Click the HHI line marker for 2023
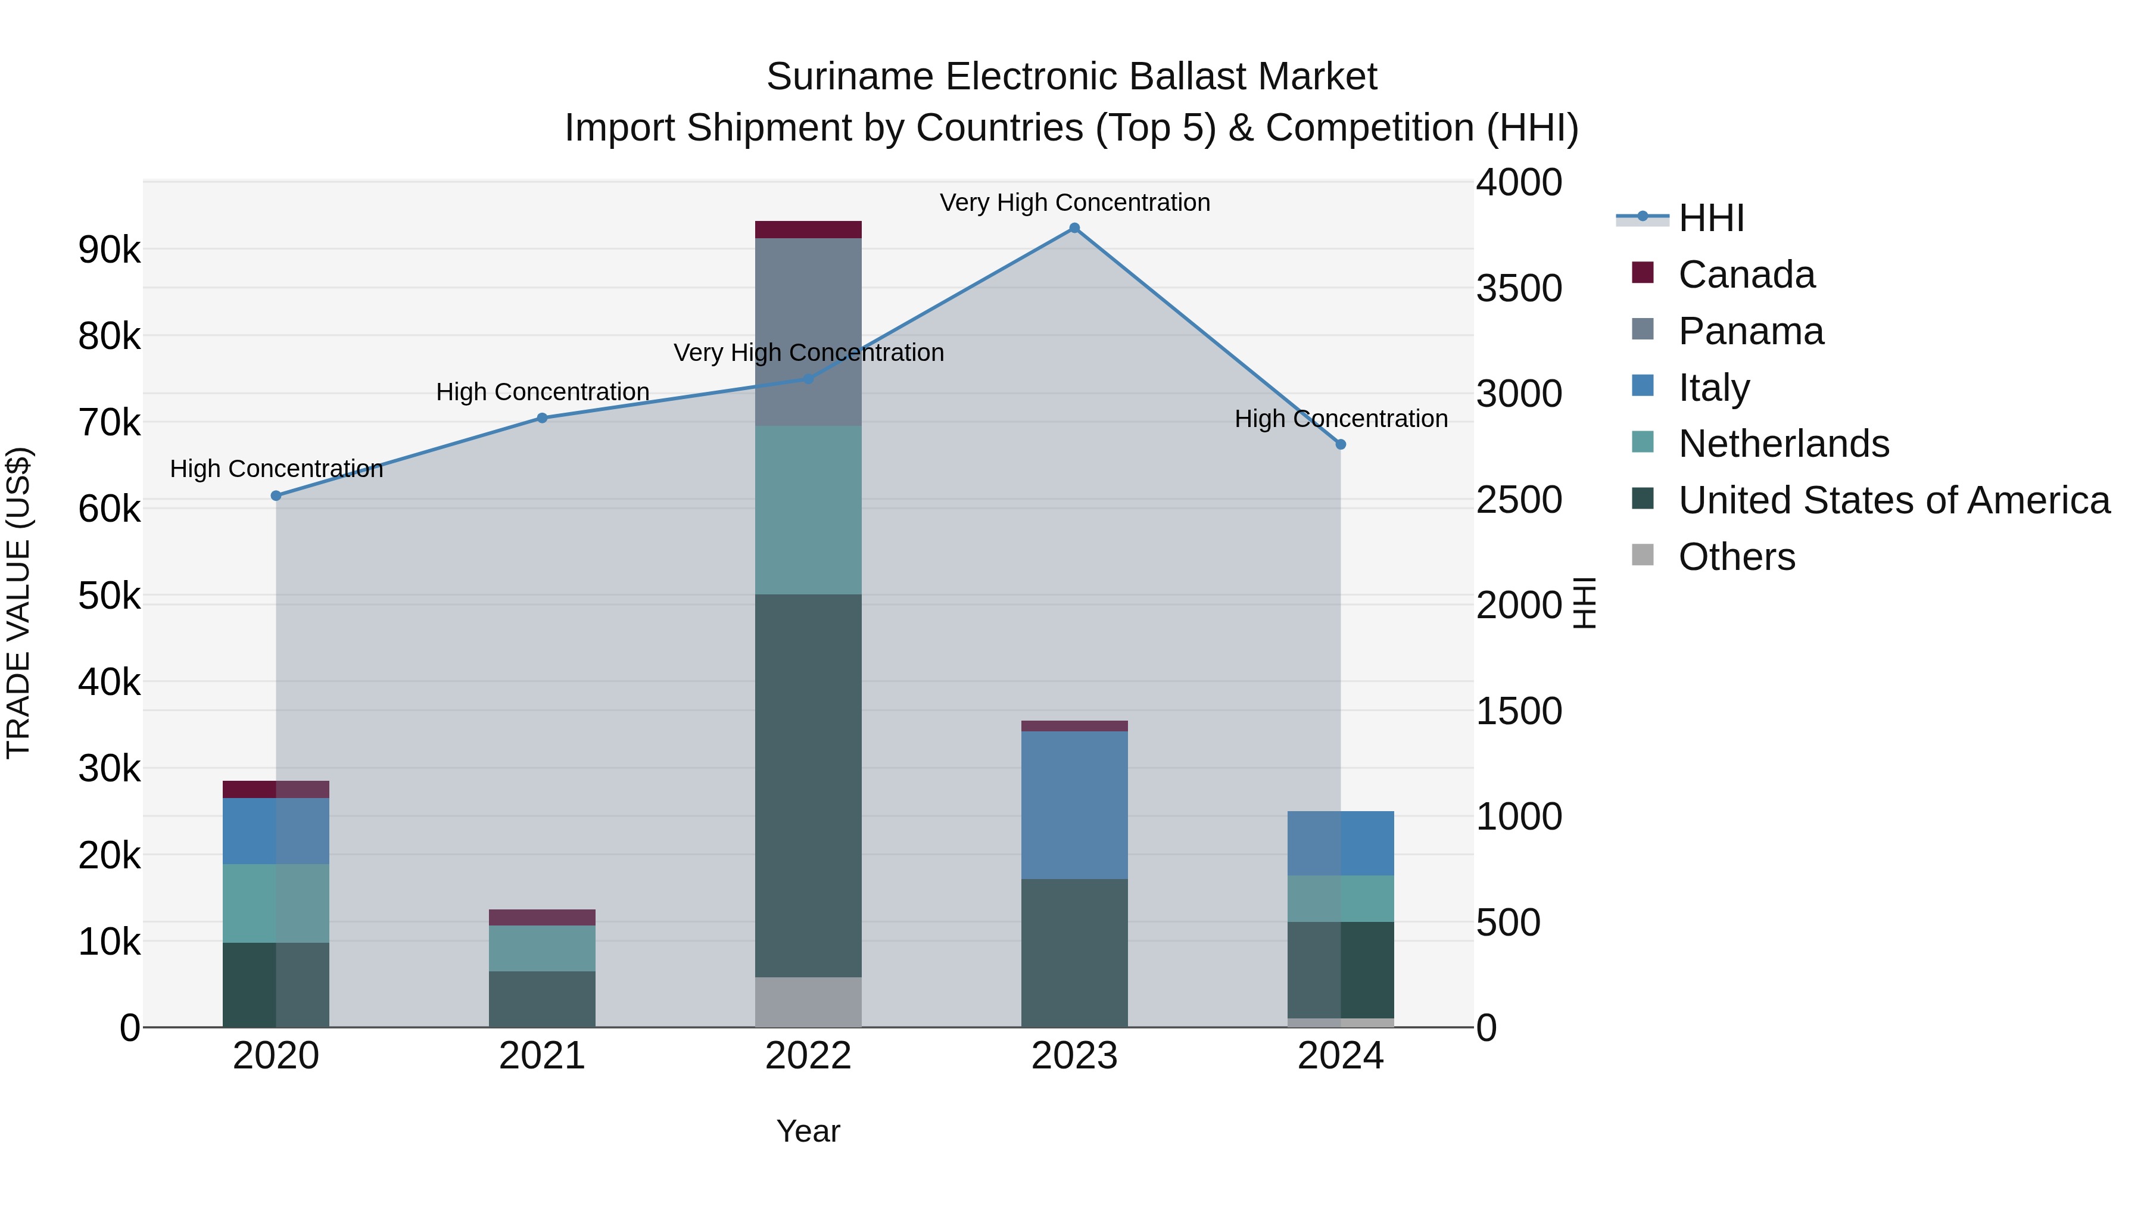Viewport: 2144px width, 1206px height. click(x=1074, y=228)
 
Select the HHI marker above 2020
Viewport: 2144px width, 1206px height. click(x=276, y=496)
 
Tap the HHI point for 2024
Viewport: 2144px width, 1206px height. click(x=1341, y=444)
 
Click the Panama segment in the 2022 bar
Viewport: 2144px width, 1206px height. click(x=808, y=332)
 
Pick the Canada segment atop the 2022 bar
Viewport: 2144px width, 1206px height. click(x=808, y=230)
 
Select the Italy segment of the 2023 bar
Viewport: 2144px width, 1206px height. click(x=1074, y=805)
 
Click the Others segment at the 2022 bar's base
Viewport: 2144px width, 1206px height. click(x=808, y=1002)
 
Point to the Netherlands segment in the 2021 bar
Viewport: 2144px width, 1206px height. click(x=542, y=948)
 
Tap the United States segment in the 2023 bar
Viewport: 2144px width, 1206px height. click(x=1074, y=953)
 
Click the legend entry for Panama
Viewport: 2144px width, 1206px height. click(x=1750, y=331)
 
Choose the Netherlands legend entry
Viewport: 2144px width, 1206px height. click(x=1784, y=444)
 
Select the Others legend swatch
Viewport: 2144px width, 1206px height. click(x=1643, y=555)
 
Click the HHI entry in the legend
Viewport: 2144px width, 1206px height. click(x=1710, y=218)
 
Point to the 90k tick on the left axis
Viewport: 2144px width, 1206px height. click(x=109, y=250)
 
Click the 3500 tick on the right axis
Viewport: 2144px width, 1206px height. click(x=1519, y=289)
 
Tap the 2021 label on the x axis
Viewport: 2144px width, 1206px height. click(x=542, y=1056)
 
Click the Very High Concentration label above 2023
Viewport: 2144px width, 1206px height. click(x=1074, y=202)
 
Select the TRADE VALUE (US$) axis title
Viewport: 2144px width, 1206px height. click(x=19, y=603)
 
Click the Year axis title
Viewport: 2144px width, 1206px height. click(x=808, y=1131)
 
